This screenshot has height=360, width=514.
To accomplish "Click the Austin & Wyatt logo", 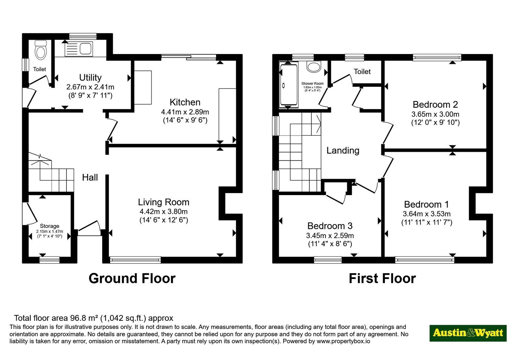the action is pyautogui.click(x=468, y=333).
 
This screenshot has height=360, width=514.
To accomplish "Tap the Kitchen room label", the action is pyautogui.click(x=185, y=102).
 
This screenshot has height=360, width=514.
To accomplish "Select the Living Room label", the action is pyautogui.click(x=164, y=202).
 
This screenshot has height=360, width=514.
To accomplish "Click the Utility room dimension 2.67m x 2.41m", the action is pyautogui.click(x=90, y=87).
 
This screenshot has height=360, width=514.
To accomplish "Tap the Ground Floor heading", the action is pyautogui.click(x=132, y=278).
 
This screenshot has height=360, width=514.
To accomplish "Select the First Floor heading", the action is pyautogui.click(x=382, y=278).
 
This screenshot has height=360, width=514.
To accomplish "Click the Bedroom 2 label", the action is pyautogui.click(x=435, y=104).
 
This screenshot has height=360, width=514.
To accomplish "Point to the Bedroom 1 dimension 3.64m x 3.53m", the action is pyautogui.click(x=427, y=214).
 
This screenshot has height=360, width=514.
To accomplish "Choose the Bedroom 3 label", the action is pyautogui.click(x=330, y=226).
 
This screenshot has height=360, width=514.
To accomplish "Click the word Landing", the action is pyautogui.click(x=343, y=151).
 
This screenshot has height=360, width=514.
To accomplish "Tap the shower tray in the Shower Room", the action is pyautogui.click(x=289, y=85).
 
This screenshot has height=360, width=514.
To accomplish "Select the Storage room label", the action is pyautogui.click(x=49, y=226).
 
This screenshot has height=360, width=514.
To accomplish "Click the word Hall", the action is pyautogui.click(x=90, y=177).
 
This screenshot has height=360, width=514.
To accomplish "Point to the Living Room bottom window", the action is pyautogui.click(x=135, y=260).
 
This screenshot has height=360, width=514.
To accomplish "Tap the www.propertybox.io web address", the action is pyautogui.click(x=343, y=341).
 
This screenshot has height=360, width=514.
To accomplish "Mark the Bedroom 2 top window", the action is pyautogui.click(x=437, y=58).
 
